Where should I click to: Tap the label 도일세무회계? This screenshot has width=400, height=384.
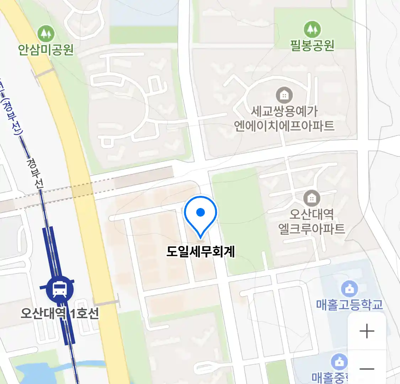pos(201,252)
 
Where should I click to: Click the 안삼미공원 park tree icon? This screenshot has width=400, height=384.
pos(46,34)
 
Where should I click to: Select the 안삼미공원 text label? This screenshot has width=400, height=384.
pos(46,49)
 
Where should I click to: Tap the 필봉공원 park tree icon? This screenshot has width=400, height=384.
pos(312,29)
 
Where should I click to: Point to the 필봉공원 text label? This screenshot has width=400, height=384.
pos(312,45)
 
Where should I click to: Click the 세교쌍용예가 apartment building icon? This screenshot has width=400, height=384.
pos(284,95)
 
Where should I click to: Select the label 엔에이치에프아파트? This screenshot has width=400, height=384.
pos(284,126)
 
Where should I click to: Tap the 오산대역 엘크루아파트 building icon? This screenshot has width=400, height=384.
pos(311,198)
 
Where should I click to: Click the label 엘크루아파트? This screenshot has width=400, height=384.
pos(311,228)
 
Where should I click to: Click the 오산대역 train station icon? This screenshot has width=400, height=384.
pos(60,289)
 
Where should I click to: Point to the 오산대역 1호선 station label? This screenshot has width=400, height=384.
pos(60,313)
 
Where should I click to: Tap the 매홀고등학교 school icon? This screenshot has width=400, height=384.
pos(350,289)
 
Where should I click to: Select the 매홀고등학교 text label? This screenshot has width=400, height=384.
pos(350,305)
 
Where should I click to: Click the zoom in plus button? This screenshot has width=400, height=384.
pos(367,331)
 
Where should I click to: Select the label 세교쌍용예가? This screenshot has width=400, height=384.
pos(284,111)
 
